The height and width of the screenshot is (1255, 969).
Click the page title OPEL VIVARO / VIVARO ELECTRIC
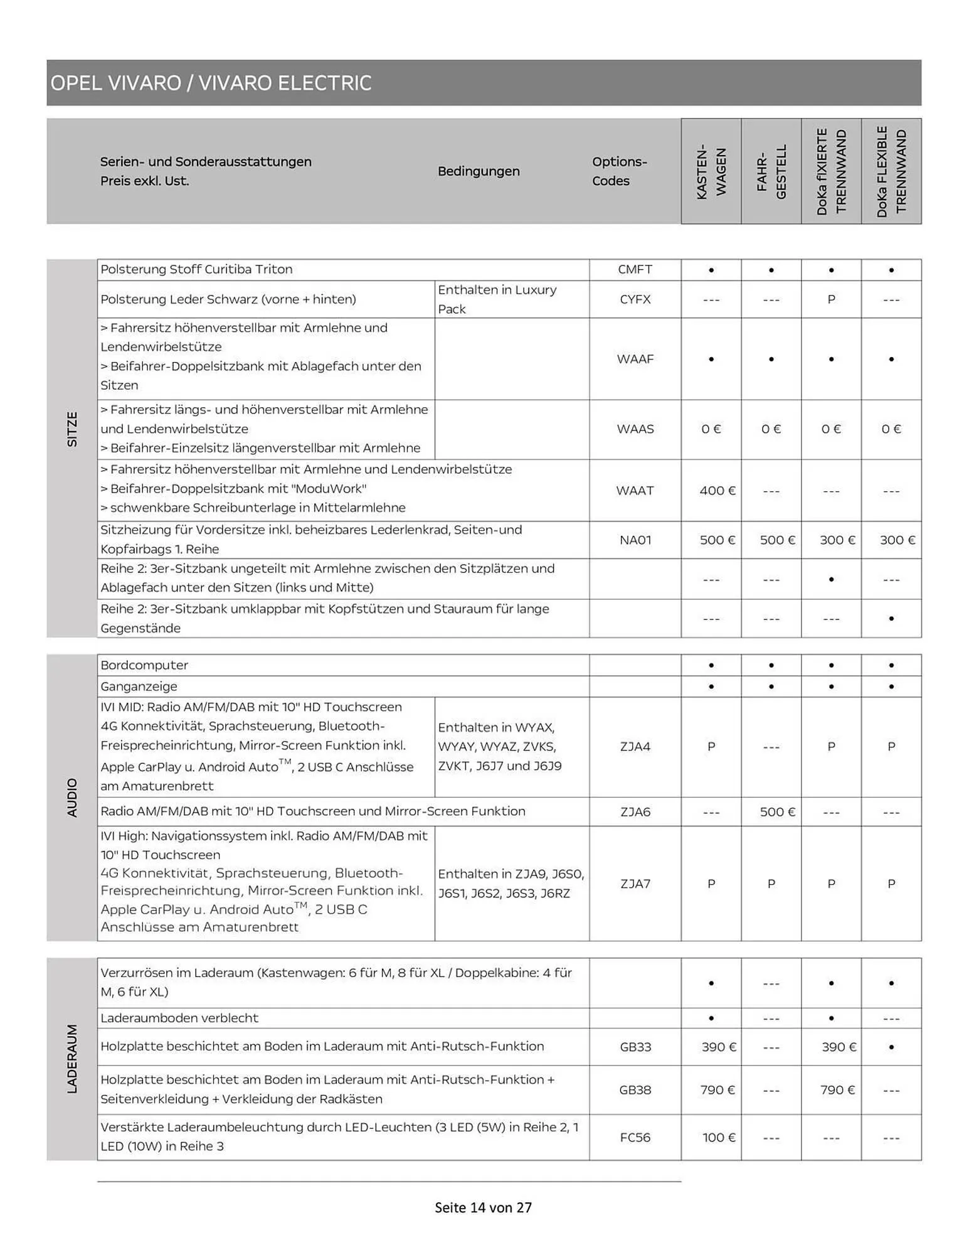click(x=211, y=83)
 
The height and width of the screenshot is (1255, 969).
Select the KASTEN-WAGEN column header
click(x=711, y=172)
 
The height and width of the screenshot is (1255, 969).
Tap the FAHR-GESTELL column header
click(x=771, y=172)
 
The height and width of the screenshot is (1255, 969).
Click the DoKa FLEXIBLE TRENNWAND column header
click(x=891, y=172)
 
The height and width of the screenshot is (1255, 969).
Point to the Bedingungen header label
click(x=479, y=171)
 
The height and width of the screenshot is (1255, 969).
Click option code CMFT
click(x=635, y=269)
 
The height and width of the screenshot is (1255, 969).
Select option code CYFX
click(x=635, y=299)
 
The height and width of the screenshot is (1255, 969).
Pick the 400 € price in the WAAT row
click(x=717, y=491)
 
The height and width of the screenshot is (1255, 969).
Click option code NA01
click(x=635, y=540)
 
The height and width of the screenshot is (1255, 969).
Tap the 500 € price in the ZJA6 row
click(x=777, y=811)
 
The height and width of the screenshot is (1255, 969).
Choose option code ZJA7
click(x=635, y=884)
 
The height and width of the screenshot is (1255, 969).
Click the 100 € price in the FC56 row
click(x=718, y=1137)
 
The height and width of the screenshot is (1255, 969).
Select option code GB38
click(x=635, y=1090)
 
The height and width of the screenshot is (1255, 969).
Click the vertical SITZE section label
click(x=72, y=429)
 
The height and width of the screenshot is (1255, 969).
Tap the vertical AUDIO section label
click(x=72, y=798)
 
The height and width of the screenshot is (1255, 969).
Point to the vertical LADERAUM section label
click(x=72, y=1059)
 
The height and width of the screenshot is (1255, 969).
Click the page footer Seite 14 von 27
click(x=483, y=1207)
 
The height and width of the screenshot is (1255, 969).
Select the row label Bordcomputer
click(x=144, y=665)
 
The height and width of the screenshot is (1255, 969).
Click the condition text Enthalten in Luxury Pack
click(x=497, y=299)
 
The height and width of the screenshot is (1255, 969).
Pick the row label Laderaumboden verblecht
click(x=179, y=1018)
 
